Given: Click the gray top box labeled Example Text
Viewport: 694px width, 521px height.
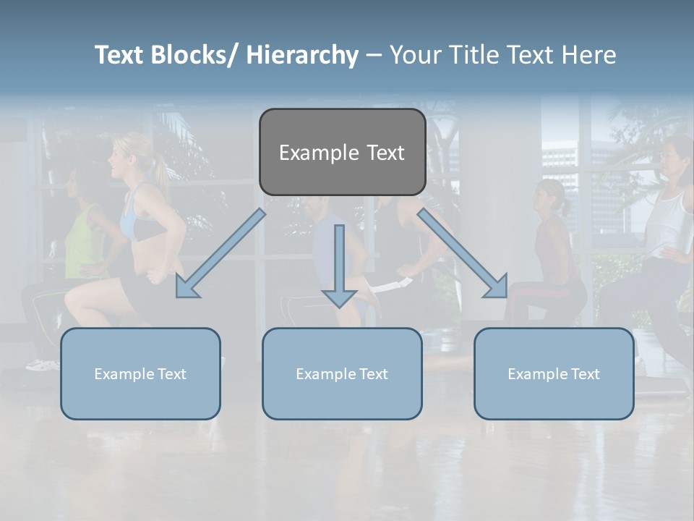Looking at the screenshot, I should click(x=342, y=152).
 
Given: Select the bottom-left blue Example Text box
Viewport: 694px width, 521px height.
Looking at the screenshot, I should click(x=140, y=373).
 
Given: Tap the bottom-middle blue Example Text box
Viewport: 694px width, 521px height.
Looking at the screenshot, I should click(x=342, y=373).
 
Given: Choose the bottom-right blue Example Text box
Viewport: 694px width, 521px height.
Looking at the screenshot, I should click(x=554, y=373).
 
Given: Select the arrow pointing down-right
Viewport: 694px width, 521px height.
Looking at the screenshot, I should click(x=463, y=254).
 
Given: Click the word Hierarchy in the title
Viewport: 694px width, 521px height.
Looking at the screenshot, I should click(x=302, y=55).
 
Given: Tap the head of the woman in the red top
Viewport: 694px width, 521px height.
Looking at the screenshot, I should click(x=549, y=196).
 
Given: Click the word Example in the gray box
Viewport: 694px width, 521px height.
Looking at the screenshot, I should click(x=309, y=153).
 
